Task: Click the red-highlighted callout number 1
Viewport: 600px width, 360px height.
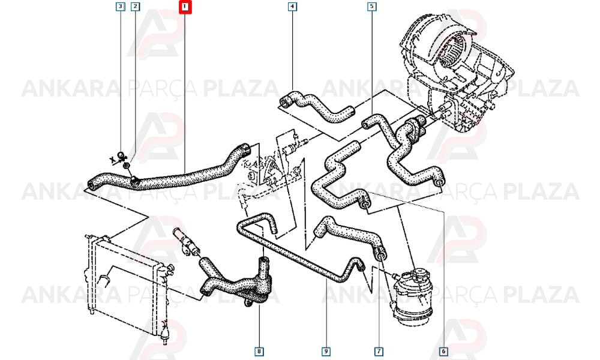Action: point(185,7)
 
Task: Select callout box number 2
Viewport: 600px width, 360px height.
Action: point(135,7)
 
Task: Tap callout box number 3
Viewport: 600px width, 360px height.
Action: point(121,7)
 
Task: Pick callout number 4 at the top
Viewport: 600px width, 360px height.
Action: point(292,7)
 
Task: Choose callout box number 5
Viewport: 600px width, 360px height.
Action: point(371,7)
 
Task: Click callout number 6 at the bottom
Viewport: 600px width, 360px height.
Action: point(443,351)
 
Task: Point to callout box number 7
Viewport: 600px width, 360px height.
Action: point(379,351)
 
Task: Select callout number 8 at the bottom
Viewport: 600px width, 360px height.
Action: point(259,351)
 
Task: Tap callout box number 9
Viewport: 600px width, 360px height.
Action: point(326,351)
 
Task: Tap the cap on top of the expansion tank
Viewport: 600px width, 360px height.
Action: point(418,274)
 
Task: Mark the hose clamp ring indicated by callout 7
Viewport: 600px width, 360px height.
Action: point(379,253)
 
